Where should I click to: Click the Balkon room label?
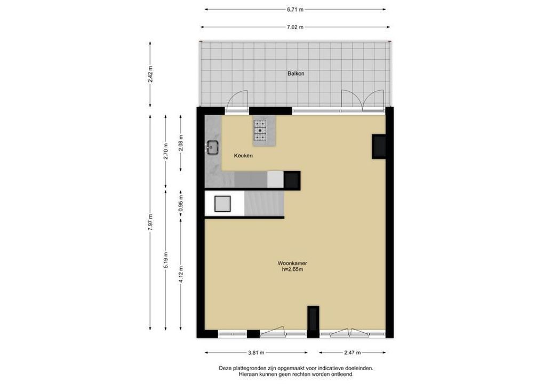point(296,74)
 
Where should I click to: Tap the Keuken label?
point(243,156)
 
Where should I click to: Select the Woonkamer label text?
point(292,263)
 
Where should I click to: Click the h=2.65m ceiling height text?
point(292,269)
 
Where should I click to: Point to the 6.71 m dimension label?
point(295,10)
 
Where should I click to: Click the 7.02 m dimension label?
point(295,27)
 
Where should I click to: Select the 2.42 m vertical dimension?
point(150,74)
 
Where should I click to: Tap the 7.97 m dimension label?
point(150,222)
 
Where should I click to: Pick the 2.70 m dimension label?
point(165,151)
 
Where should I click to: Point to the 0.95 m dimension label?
point(180,204)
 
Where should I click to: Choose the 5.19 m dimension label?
point(165,260)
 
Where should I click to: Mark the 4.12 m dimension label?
point(180,274)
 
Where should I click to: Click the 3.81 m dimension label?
point(256,353)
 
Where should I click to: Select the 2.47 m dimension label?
point(352,353)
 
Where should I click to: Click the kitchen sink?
point(212,148)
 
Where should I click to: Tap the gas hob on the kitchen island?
point(260,131)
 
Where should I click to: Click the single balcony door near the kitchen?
point(237,100)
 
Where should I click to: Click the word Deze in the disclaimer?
point(225,369)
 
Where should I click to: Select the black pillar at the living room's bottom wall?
point(313,322)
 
